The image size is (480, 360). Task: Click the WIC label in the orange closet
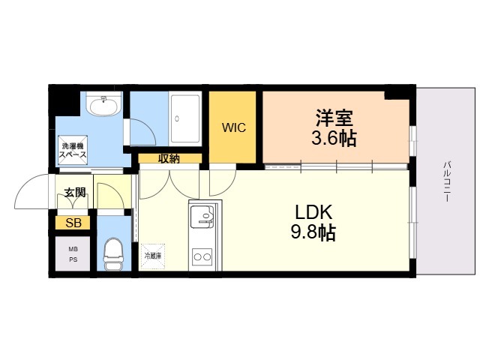(x=233, y=127)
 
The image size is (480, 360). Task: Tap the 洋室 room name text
(x=334, y=117)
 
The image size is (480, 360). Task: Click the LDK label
(x=313, y=211)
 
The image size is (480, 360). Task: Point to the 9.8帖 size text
(x=313, y=232)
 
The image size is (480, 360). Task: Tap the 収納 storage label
(x=169, y=158)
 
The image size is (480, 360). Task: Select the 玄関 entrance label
(x=74, y=193)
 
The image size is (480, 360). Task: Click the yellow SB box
(x=73, y=223)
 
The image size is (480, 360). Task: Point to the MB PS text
(x=73, y=253)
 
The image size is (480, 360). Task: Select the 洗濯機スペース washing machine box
(x=73, y=151)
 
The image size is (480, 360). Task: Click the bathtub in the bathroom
(x=184, y=118)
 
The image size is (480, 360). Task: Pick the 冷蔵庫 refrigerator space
(x=153, y=256)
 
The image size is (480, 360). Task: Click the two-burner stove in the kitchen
(x=202, y=256)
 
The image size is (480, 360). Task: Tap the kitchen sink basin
(x=202, y=217)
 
